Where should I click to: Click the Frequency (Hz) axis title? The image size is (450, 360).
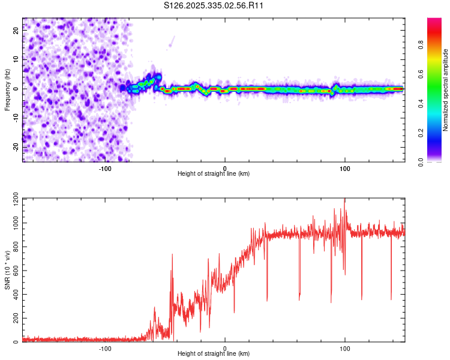click(7, 89)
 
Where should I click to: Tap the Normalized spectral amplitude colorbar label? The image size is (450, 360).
click(446, 90)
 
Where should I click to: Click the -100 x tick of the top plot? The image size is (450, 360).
click(105, 168)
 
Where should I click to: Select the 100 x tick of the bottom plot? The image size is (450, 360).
click(344, 348)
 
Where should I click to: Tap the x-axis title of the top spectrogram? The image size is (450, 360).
click(214, 174)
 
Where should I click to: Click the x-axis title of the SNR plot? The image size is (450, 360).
click(214, 354)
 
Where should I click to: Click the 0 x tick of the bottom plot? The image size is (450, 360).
click(225, 348)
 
